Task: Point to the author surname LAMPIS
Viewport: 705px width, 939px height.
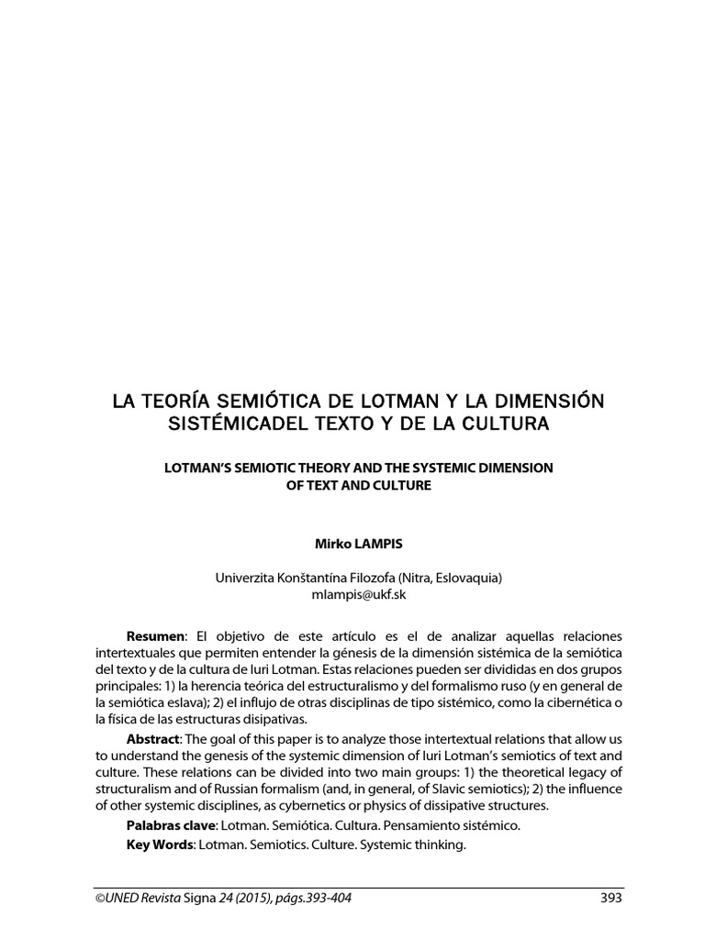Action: click(370, 544)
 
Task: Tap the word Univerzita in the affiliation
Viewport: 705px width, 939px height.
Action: click(244, 578)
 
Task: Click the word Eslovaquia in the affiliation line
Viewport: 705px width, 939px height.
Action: click(466, 578)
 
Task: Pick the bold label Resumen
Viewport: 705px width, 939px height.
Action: click(155, 635)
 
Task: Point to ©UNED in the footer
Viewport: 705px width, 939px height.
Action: click(117, 898)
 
